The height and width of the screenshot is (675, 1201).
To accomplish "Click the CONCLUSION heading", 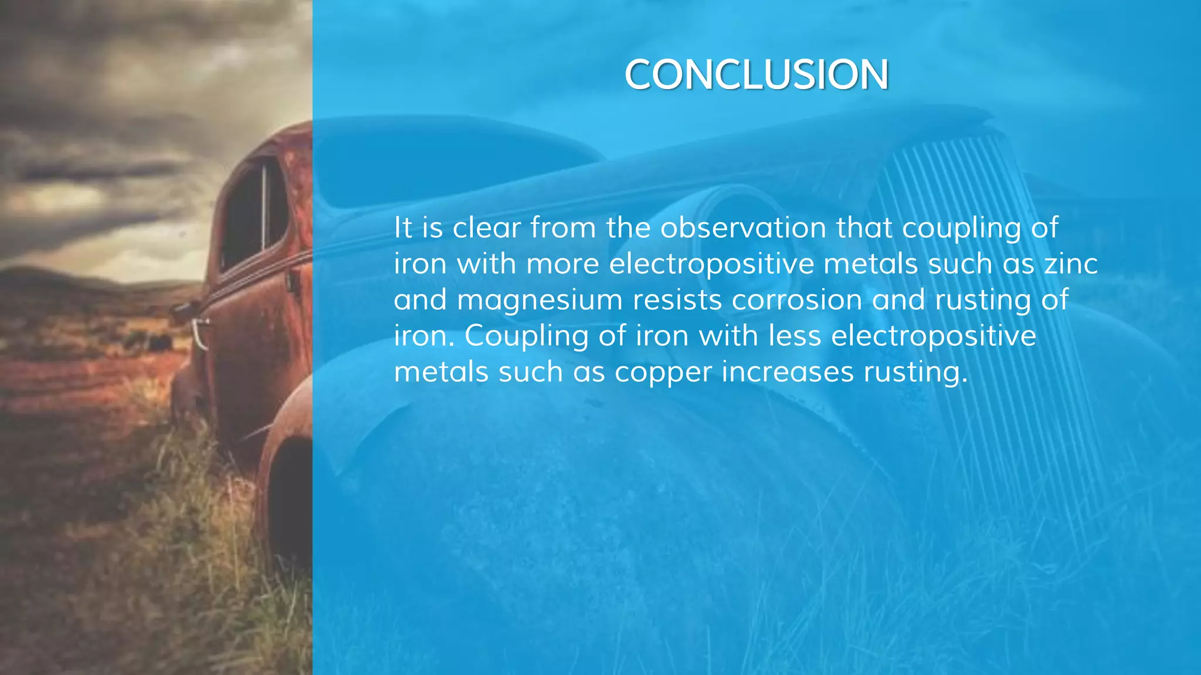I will point(756,75).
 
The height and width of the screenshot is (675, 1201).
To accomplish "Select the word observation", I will point(743,228).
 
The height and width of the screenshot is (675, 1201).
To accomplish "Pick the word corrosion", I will point(796,300).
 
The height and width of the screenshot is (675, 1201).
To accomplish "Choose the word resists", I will point(677,300).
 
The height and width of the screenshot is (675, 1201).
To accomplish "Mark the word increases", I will point(787,371).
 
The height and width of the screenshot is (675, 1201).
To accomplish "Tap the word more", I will point(562,264).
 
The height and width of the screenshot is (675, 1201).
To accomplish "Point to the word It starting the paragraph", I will point(403,228).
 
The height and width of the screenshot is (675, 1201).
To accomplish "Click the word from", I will point(563,228).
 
